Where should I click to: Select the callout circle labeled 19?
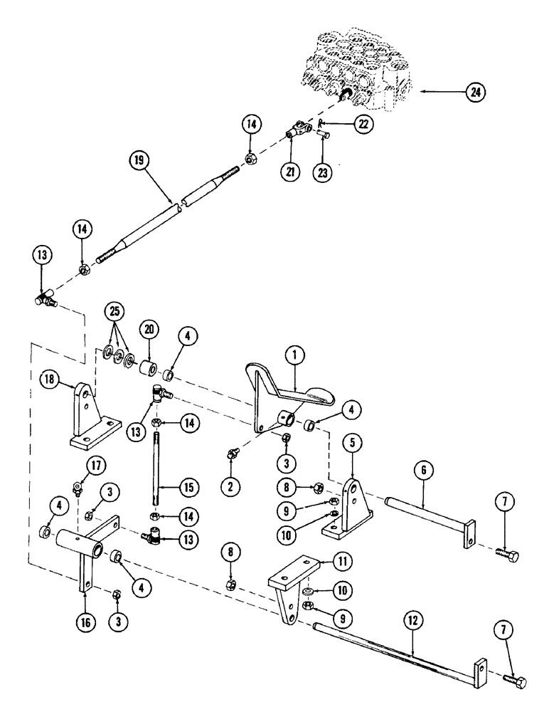(139, 160)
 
